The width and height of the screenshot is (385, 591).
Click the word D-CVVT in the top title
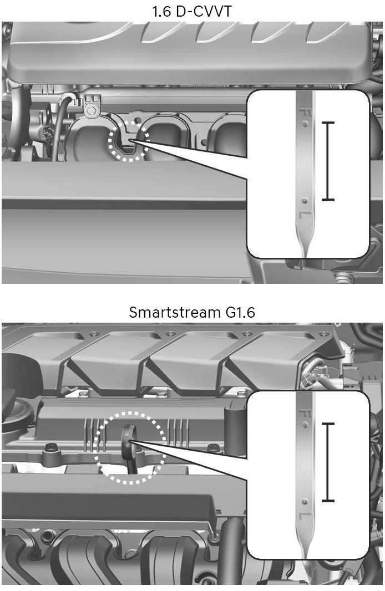click(204, 11)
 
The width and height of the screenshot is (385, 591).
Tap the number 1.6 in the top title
click(161, 11)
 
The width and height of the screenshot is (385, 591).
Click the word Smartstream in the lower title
click(175, 312)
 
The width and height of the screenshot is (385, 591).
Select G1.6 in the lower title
click(240, 312)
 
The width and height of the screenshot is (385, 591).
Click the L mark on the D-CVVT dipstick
click(305, 215)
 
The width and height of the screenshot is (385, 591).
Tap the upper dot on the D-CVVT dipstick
click(305, 124)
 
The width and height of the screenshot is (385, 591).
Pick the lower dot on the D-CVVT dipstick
click(305, 201)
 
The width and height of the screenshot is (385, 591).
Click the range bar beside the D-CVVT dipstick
click(328, 161)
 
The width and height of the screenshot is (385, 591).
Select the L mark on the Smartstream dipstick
click(305, 516)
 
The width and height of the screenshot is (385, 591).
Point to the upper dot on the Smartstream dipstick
click(305, 425)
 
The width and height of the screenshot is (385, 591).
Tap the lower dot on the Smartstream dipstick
click(305, 502)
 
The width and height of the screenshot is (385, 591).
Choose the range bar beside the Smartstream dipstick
click(328, 462)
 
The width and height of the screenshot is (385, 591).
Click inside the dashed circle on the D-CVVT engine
click(128, 141)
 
